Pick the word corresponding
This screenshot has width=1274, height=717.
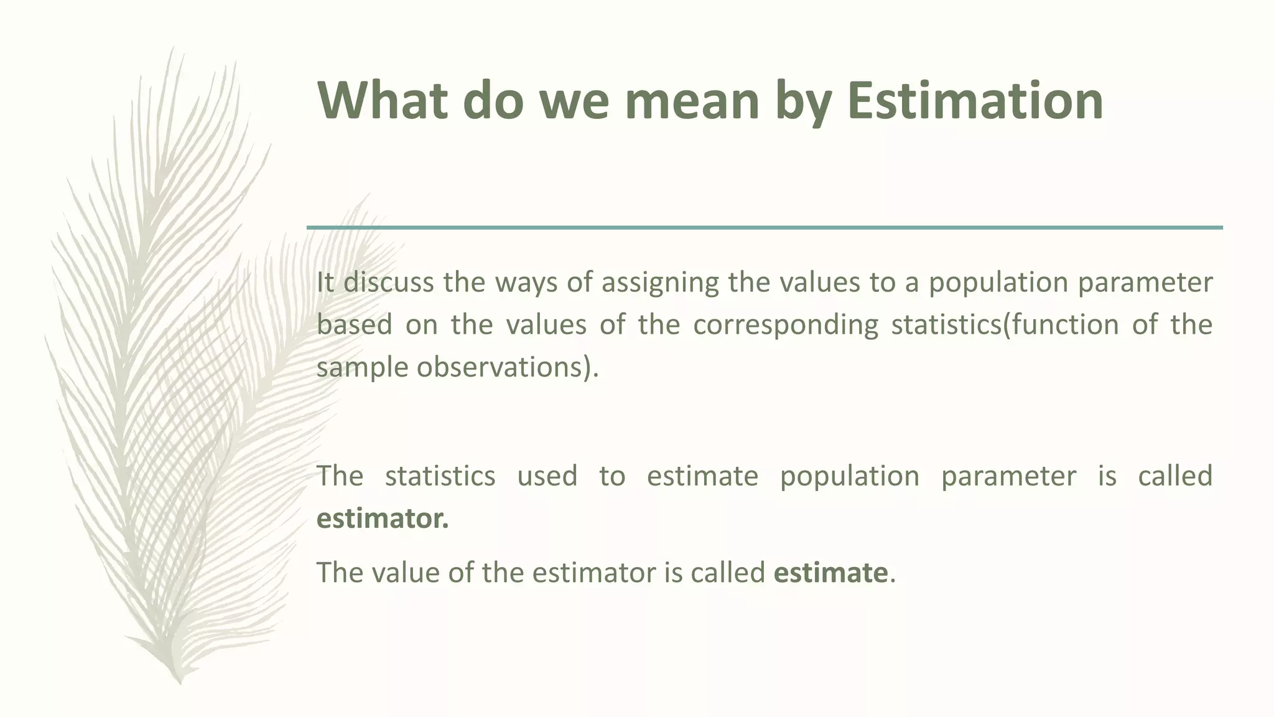(x=785, y=326)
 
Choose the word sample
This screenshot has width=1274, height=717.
(x=361, y=368)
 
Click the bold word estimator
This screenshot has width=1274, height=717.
(x=382, y=518)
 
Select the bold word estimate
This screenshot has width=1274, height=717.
(x=830, y=573)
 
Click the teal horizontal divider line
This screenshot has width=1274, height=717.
(x=765, y=228)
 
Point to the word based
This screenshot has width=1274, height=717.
(x=354, y=325)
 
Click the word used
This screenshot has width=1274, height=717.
(x=547, y=476)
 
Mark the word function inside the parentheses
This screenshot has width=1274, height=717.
(x=1064, y=325)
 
